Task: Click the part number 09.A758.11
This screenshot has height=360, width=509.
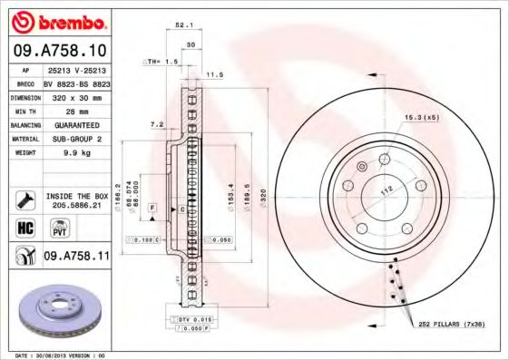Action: pyautogui.click(x=75, y=257)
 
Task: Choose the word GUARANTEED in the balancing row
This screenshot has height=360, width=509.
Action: pyautogui.click(x=77, y=124)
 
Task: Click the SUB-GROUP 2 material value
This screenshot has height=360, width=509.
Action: pyautogui.click(x=76, y=139)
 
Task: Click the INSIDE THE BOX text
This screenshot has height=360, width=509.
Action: pyautogui.click(x=77, y=196)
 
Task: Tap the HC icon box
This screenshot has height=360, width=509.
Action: pyautogui.click(x=25, y=227)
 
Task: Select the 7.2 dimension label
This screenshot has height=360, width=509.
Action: pyautogui.click(x=155, y=123)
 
